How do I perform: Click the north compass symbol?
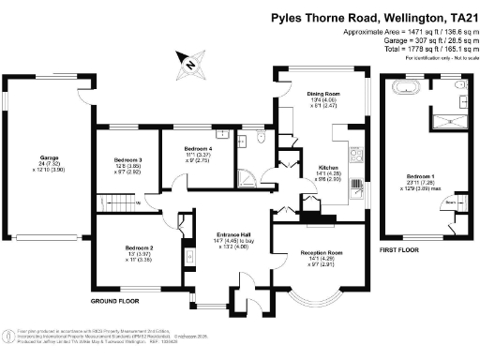point(188,65)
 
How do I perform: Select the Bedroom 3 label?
point(127,160)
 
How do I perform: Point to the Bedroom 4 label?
point(197,149)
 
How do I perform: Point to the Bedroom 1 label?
point(419,175)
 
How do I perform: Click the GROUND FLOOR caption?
point(115,302)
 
